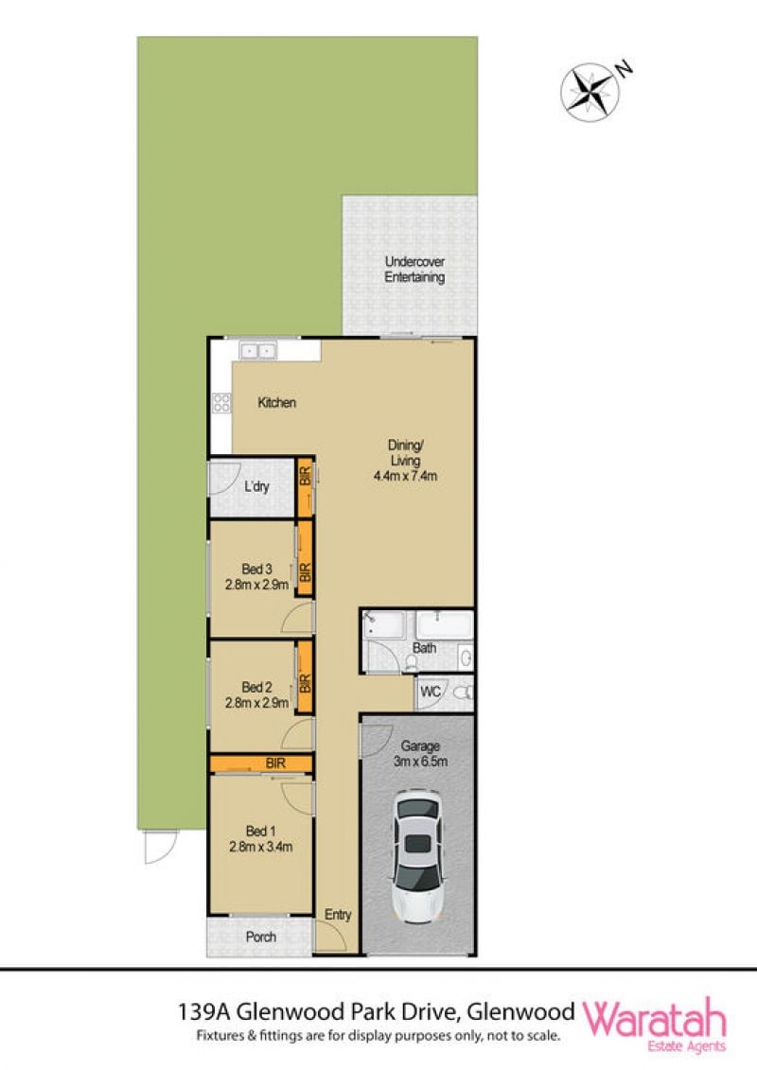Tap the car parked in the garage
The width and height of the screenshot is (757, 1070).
[x=418, y=855]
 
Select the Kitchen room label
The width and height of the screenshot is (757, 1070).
[x=276, y=403]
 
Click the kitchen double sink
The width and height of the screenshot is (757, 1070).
[x=257, y=351]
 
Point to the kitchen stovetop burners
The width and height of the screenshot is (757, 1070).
[x=221, y=403]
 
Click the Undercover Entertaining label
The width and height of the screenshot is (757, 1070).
[x=414, y=270]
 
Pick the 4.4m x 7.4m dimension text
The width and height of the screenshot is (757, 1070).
[x=405, y=476]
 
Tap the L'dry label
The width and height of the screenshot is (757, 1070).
[x=256, y=486]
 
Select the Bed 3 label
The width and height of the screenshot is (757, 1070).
[x=256, y=569]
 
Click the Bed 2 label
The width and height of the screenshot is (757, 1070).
[x=256, y=687]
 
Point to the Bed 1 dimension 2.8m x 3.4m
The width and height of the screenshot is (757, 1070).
[x=261, y=847]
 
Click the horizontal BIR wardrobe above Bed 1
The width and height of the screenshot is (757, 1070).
[x=261, y=763]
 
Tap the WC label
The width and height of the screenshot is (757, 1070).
[x=430, y=692]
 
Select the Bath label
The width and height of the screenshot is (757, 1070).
[x=424, y=648]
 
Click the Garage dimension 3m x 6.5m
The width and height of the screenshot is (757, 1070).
[x=420, y=762]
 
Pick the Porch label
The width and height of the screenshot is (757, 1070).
[x=261, y=937]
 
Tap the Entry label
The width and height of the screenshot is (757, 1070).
[x=338, y=915]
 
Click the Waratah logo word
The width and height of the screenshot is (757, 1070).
[x=654, y=1018]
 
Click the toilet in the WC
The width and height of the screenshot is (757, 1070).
[x=464, y=693]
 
